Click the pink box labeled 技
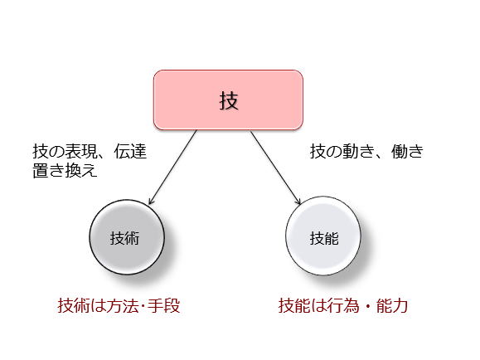point(228,100)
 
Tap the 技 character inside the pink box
point(229,101)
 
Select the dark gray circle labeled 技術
point(127,237)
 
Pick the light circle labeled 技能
point(323,236)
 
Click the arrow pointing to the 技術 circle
point(172,168)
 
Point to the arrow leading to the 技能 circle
point(275,168)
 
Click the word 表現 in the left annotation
point(81,151)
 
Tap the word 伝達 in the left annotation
point(130,151)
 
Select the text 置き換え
point(65,170)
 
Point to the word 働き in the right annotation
point(407,151)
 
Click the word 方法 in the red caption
point(123,306)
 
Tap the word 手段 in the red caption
point(164,306)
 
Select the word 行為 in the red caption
point(343,306)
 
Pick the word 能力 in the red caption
point(392,306)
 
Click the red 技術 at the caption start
point(74,306)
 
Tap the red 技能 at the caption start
point(294,306)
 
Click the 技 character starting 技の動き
point(318,151)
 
